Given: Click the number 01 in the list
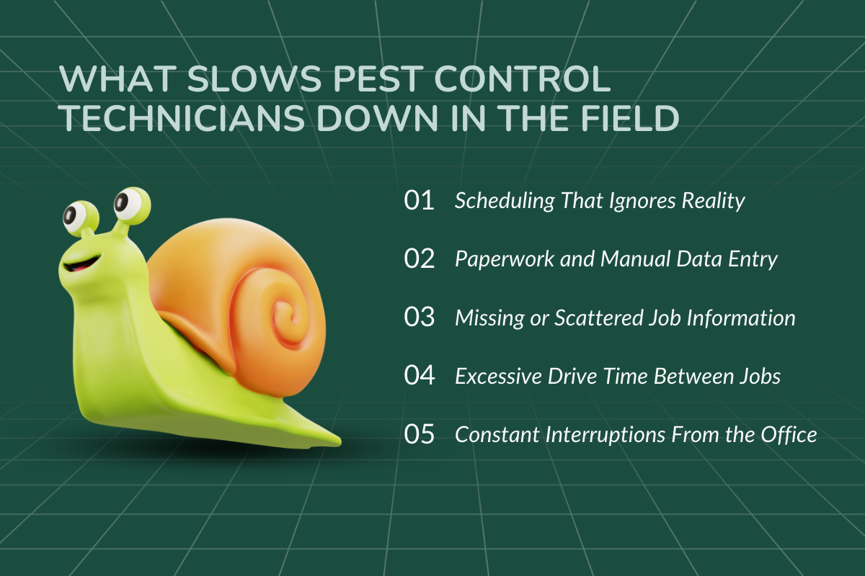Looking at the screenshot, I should click(x=420, y=201).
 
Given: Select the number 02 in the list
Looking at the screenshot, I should click(x=420, y=259).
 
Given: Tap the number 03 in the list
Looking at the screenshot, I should click(x=420, y=318).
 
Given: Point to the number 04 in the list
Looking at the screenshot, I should click(x=420, y=376).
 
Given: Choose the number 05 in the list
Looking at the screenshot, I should click(x=420, y=435).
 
